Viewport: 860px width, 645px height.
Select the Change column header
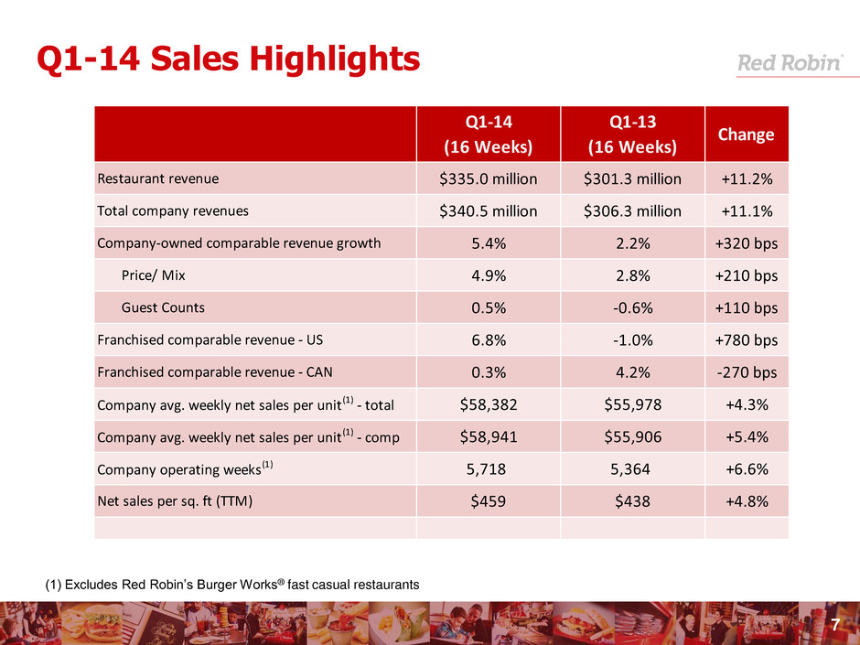(x=746, y=134)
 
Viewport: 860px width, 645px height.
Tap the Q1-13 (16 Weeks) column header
(x=632, y=134)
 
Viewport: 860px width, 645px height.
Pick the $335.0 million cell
(x=489, y=178)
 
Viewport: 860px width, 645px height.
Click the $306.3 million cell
(x=632, y=211)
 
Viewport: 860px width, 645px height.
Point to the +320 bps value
(x=746, y=243)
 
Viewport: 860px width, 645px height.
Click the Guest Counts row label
(x=163, y=307)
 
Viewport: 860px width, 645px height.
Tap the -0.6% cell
(x=632, y=307)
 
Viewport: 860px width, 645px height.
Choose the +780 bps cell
(x=746, y=339)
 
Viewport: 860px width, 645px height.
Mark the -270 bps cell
(x=746, y=372)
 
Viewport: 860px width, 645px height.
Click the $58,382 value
(x=489, y=404)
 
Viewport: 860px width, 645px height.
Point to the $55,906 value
(x=632, y=436)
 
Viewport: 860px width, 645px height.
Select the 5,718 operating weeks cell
(x=489, y=468)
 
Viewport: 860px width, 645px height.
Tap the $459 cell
(x=489, y=500)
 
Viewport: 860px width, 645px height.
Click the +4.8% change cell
(x=746, y=500)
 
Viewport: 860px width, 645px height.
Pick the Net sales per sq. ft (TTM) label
(x=175, y=500)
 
